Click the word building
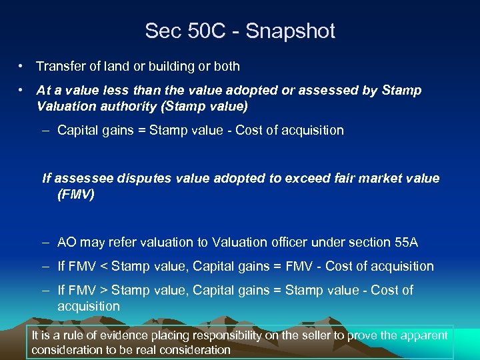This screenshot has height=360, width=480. click(x=175, y=67)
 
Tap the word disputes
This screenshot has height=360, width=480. click(x=140, y=179)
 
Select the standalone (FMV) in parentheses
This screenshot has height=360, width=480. click(x=75, y=195)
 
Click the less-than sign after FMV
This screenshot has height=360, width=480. click(x=103, y=267)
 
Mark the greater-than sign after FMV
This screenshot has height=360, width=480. click(x=103, y=291)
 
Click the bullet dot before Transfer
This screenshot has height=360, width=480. click(x=22, y=67)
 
